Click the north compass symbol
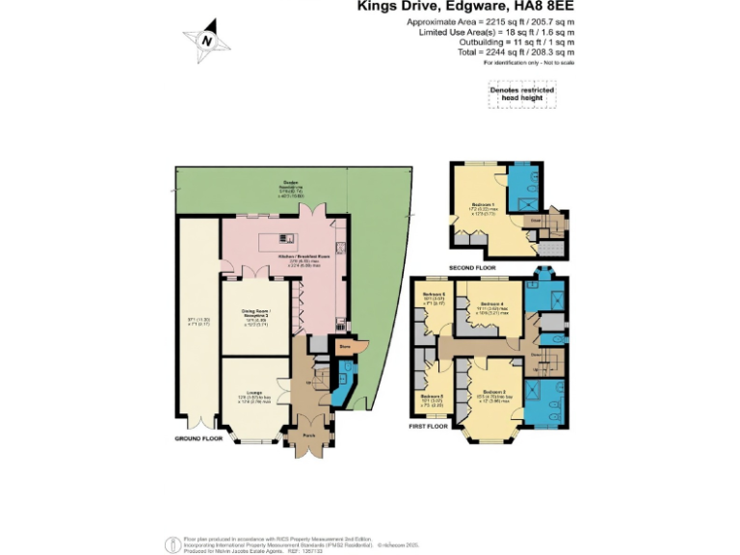(205, 40)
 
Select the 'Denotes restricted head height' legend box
(521, 93)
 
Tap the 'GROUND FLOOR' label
(198, 438)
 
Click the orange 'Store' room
(344, 346)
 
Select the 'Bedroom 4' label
(491, 304)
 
